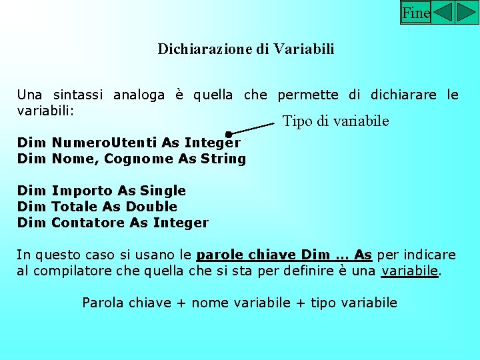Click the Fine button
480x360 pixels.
point(416,13)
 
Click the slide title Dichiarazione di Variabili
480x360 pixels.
point(246,49)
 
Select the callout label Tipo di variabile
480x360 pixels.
point(336,121)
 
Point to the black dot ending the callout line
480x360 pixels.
point(229,135)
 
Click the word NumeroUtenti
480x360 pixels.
point(105,143)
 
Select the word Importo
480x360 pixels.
point(81,191)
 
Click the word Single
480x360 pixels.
point(163,191)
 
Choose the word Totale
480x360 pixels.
point(75,207)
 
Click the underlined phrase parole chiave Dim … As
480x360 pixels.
point(285,255)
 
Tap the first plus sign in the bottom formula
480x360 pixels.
point(181,303)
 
